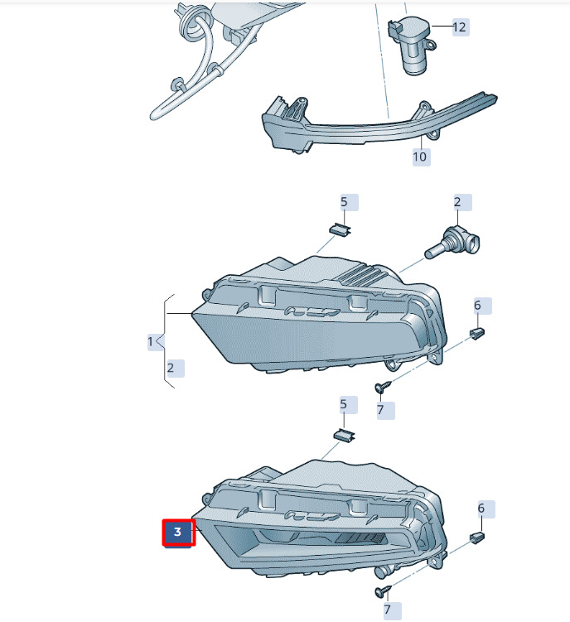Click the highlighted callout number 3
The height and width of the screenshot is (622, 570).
pos(179,533)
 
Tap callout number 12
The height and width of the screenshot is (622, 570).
pos(459,27)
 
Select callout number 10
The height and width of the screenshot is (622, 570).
pos(420,157)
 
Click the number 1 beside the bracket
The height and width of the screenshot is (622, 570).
pos(151,341)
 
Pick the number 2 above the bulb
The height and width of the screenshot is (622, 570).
pos(457,202)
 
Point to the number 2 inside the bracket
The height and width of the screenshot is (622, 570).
pos(171,368)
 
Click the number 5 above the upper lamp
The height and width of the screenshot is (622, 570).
pos(344,202)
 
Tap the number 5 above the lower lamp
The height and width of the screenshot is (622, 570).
pos(343,405)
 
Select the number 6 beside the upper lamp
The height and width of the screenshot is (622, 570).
pos(477,306)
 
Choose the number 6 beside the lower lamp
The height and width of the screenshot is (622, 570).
pos(481,509)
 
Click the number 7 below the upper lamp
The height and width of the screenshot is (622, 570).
pos(380,410)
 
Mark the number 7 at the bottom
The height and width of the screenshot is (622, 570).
pos(388,610)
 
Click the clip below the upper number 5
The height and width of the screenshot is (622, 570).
pos(341,229)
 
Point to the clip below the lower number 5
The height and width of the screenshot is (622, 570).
pos(344,434)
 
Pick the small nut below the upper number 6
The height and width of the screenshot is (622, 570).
pos(477,333)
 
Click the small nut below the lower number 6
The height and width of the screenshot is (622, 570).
pos(476,538)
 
